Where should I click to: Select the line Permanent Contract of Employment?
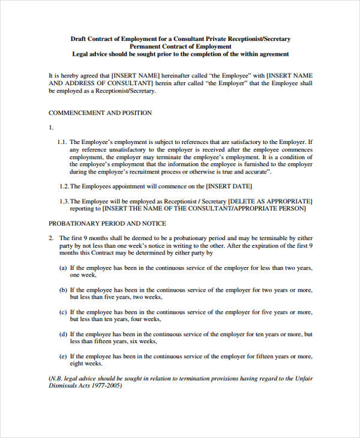click(x=180, y=46)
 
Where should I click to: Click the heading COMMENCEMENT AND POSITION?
click(x=100, y=112)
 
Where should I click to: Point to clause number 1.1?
click(x=62, y=142)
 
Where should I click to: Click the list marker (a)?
click(x=62, y=268)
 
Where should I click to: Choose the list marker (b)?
click(x=62, y=290)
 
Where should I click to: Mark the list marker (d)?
click(x=62, y=334)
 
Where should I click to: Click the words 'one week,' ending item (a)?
click(x=83, y=275)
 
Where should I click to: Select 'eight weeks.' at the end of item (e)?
click(x=86, y=363)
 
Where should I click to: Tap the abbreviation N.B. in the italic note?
click(x=59, y=378)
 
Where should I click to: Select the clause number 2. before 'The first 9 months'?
click(x=51, y=238)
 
